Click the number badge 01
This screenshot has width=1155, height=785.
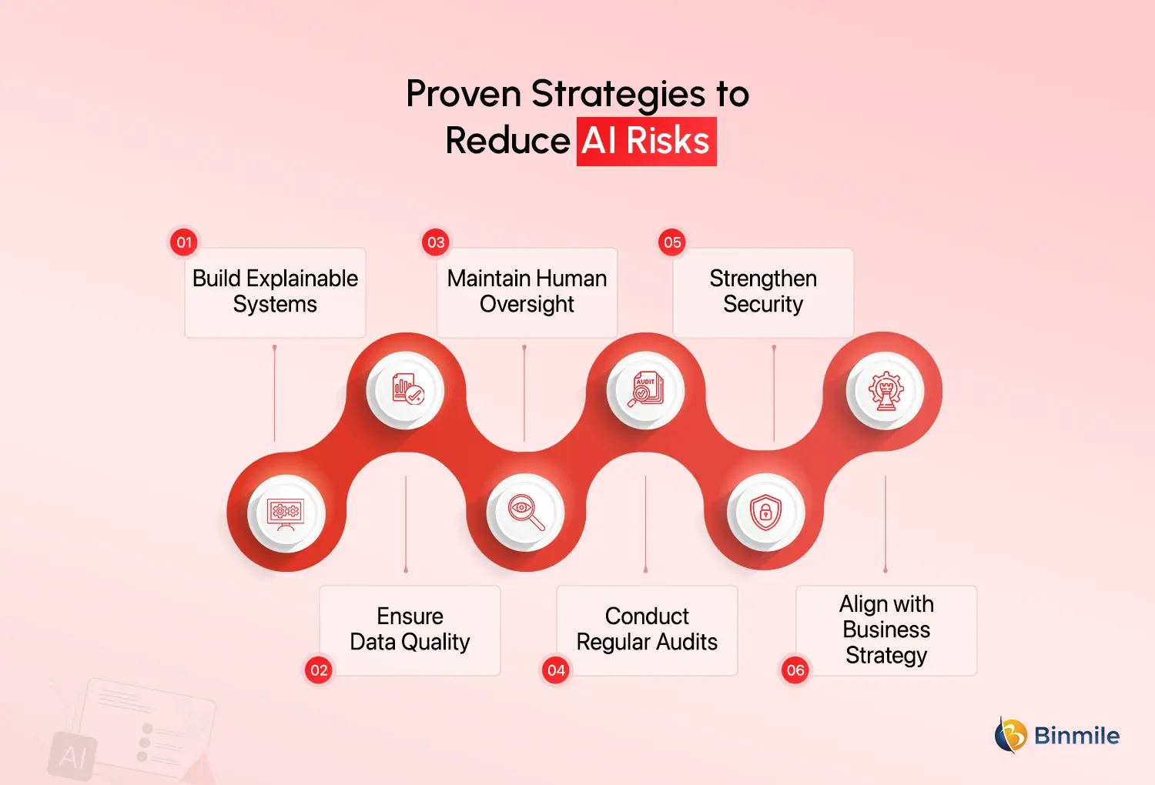184,242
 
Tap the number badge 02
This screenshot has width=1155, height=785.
319,670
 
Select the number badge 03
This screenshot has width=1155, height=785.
436,242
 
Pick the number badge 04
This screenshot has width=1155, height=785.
556,670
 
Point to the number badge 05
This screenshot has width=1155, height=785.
672,242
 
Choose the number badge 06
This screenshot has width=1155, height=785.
795,670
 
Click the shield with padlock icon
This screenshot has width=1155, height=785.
765,512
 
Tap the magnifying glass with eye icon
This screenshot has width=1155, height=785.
526,512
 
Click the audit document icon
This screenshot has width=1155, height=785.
645,389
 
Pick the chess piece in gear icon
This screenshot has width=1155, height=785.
885,390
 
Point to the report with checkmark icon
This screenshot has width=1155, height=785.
406,389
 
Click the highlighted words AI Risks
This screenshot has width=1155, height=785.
646,142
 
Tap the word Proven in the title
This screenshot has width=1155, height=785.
464,94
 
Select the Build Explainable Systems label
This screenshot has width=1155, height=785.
275,291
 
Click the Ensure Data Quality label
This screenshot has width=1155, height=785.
410,629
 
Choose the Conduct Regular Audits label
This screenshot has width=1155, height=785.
647,629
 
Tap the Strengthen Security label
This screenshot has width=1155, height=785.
763,291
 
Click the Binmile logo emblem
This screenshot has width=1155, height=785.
1011,735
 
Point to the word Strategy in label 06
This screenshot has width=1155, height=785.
886,656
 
